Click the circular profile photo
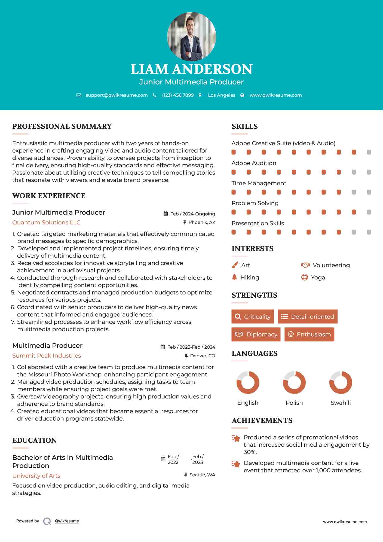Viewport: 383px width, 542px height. pyautogui.click(x=191, y=36)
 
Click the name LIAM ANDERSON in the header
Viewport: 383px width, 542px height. pyautogui.click(x=191, y=69)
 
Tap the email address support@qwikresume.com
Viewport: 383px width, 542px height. pyautogui.click(x=117, y=95)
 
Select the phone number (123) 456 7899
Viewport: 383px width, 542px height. pyautogui.click(x=178, y=95)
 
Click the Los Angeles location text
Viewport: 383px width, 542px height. pyautogui.click(x=222, y=95)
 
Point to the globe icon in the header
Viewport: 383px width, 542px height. pyautogui.click(x=242, y=95)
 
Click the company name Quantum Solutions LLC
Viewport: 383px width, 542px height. pyautogui.click(x=46, y=223)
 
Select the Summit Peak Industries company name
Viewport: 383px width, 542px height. pyautogui.click(x=47, y=356)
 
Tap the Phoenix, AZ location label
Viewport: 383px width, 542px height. pyautogui.click(x=202, y=223)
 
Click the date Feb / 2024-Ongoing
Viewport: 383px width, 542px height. pyautogui.click(x=192, y=214)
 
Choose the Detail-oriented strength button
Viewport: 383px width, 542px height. pyautogui.click(x=308, y=316)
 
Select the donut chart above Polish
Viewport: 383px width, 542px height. pyautogui.click(x=294, y=382)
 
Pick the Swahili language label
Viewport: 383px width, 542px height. pyautogui.click(x=341, y=403)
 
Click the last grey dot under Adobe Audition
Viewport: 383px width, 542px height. pyautogui.click(x=369, y=172)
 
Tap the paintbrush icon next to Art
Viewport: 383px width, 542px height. pyautogui.click(x=235, y=265)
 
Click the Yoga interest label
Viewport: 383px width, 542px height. pyautogui.click(x=318, y=278)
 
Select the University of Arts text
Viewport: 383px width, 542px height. pyautogui.click(x=36, y=476)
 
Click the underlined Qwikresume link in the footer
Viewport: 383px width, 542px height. pyautogui.click(x=67, y=521)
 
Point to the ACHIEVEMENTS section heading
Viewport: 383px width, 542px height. pyautogui.click(x=262, y=421)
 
